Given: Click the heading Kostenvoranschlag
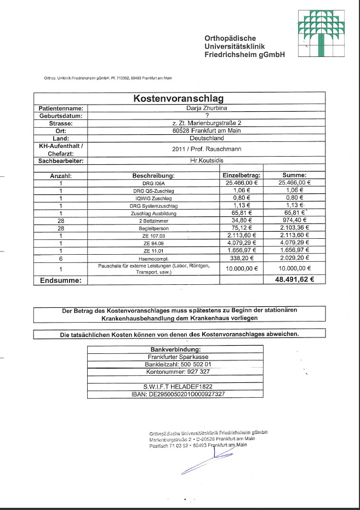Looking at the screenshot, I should [x=179, y=99].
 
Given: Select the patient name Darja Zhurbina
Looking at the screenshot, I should [x=207, y=108].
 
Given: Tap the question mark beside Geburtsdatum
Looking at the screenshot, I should [x=207, y=116].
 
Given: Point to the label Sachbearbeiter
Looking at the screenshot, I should [x=61, y=161].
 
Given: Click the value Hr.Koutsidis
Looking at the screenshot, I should [x=207, y=161].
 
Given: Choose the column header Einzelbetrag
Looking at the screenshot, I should [x=242, y=175].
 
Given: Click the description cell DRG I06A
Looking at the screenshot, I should [x=153, y=182].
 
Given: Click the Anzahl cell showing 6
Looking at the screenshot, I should [x=61, y=257].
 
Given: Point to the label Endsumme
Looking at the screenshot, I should [x=61, y=280].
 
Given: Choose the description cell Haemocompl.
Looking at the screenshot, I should [x=153, y=257].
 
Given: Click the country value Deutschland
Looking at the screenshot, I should [x=207, y=138].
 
